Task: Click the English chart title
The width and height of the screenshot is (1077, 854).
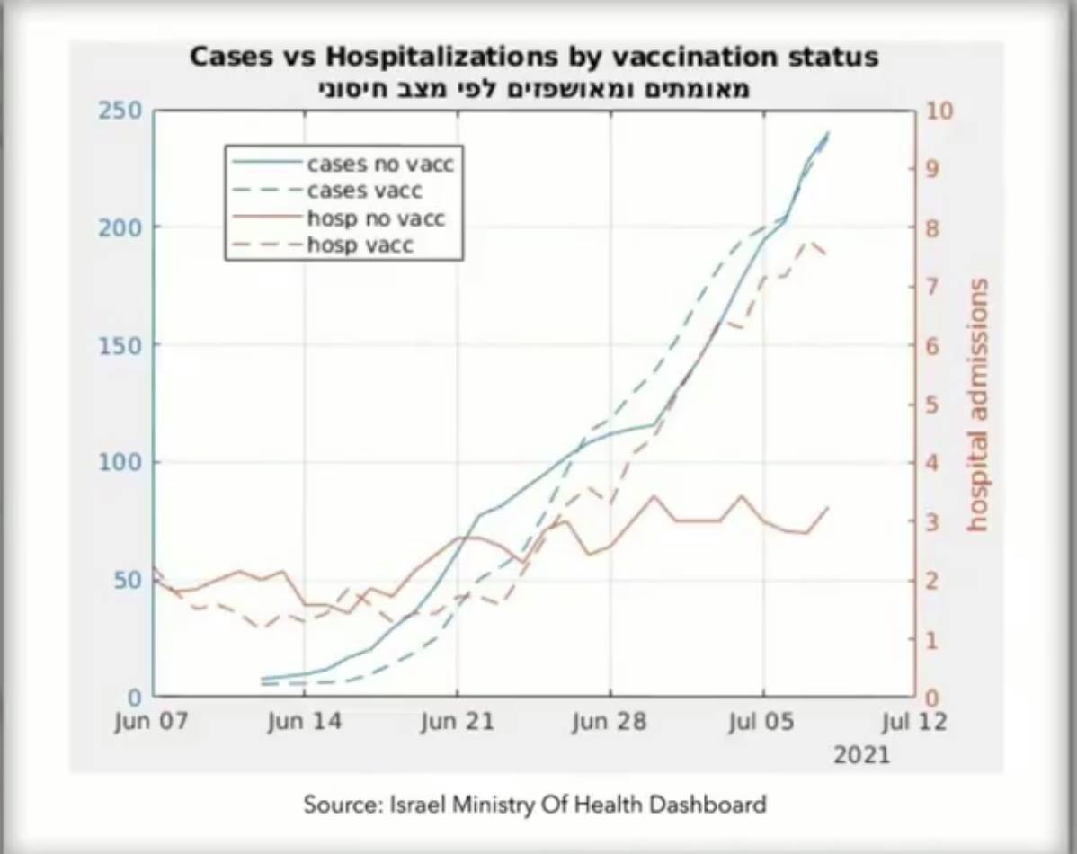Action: click(533, 58)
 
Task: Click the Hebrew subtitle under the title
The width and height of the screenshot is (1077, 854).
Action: click(534, 89)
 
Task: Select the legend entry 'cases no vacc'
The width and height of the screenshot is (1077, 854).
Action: click(380, 165)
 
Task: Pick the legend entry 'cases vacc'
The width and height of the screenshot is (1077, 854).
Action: click(364, 191)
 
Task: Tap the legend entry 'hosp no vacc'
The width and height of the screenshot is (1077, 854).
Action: click(376, 218)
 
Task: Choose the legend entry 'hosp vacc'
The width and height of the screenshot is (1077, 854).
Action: click(360, 245)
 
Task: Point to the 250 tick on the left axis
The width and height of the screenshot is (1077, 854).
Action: click(120, 111)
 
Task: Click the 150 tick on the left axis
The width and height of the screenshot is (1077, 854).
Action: click(120, 345)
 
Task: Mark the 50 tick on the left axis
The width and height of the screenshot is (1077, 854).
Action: click(126, 580)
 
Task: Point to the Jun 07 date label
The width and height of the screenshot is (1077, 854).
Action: click(152, 723)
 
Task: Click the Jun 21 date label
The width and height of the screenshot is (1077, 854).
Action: click(458, 723)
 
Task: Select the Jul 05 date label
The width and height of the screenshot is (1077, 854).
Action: click(763, 723)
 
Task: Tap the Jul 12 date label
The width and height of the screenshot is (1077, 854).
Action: click(915, 723)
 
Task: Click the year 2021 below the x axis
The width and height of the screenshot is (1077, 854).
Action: click(861, 754)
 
